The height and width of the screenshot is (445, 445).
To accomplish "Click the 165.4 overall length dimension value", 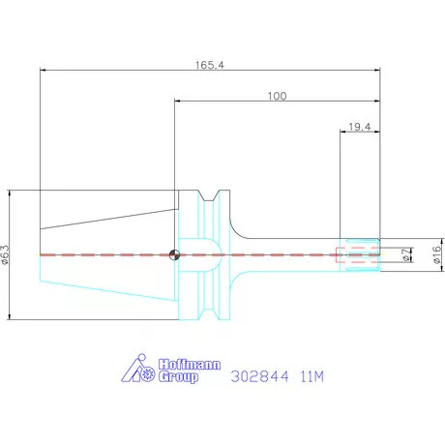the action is (x=210, y=65).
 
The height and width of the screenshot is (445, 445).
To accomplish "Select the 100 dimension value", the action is (x=277, y=96).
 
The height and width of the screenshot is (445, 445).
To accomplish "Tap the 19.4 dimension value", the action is (x=360, y=127).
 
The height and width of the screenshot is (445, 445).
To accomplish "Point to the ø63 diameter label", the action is (x=6, y=254).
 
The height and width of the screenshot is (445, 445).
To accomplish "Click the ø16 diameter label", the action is (x=436, y=254).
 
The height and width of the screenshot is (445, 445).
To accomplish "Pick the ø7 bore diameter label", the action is (x=407, y=254).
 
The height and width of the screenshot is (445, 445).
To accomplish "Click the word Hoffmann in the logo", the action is (x=190, y=365).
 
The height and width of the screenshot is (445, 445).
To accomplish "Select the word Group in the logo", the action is (x=178, y=376).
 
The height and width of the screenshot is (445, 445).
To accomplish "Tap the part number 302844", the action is (x=259, y=376).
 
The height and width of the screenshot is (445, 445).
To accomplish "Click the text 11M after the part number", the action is (x=311, y=376).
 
